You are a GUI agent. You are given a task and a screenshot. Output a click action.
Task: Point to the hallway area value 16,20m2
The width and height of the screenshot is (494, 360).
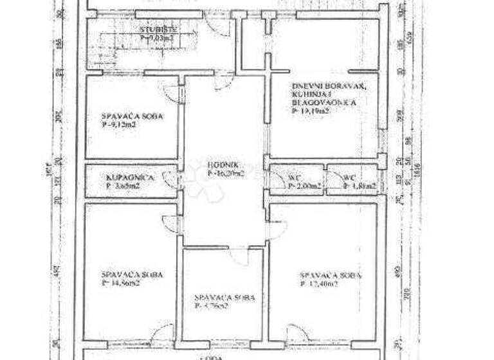tap(226, 172)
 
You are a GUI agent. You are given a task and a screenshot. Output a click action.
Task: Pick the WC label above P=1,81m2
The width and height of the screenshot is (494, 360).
tap(349, 177)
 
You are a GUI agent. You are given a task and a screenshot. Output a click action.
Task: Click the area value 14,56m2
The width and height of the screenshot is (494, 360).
tap(122, 283)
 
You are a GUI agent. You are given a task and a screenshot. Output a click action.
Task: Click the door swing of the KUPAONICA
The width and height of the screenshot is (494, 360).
tap(171, 178)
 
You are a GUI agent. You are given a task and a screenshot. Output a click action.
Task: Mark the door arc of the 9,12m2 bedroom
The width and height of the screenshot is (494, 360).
tap(170, 92)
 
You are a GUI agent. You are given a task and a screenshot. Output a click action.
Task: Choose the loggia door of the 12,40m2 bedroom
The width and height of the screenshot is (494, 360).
tap(297, 334)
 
